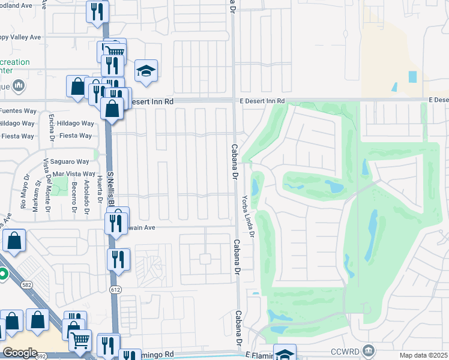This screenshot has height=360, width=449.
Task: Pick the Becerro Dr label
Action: coord(74,195)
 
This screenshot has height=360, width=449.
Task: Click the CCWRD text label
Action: coord(347,350)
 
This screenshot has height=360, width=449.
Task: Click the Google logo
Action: coord(20,353)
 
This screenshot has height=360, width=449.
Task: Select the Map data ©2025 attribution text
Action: coord(423,355)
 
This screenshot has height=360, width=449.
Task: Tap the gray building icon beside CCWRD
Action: coord(369,350)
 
